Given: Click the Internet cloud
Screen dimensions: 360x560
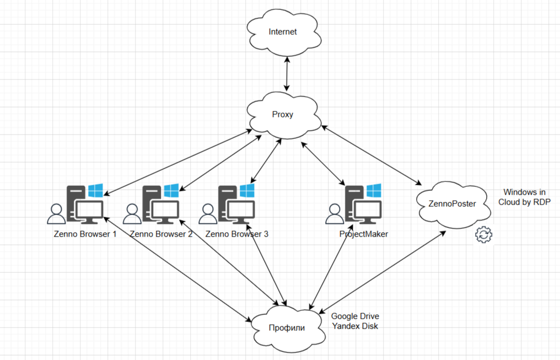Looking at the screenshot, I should click(283, 32).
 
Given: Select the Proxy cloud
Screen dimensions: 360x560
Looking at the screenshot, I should click(283, 115).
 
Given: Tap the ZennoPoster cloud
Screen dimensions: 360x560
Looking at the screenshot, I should click(453, 203).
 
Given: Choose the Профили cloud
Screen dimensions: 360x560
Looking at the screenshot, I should click(287, 327).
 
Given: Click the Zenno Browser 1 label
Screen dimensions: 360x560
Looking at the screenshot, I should click(85, 234).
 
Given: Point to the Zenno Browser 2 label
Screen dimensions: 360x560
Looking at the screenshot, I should click(160, 234).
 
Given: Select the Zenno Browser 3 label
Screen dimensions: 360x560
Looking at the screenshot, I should click(236, 234).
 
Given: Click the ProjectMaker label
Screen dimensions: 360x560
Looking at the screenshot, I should click(363, 234).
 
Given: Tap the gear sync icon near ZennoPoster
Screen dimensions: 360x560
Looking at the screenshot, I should click(483, 235).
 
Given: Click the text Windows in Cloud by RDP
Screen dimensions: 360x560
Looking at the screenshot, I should click(524, 197).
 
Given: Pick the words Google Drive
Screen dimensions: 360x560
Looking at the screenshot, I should click(355, 316).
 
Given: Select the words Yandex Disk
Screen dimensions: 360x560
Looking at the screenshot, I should click(355, 326).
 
